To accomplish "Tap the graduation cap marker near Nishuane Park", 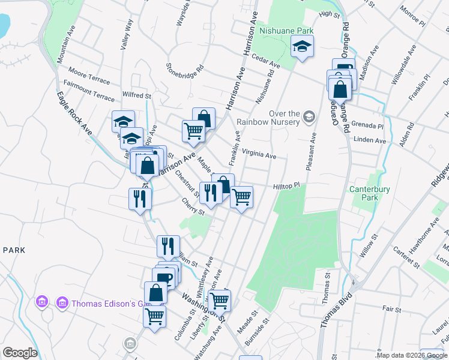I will point(302,46).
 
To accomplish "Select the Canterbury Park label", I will point(370,194).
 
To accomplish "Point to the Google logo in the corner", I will point(20,353).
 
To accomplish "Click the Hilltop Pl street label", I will point(286,187).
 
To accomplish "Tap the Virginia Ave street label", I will point(259,154).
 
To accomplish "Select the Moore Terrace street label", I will point(89,74).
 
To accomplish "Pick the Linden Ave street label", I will point(370,140).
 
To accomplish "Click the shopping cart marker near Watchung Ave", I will point(220,299).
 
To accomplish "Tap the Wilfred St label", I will point(136,95).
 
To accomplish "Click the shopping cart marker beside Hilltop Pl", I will point(241,196).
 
